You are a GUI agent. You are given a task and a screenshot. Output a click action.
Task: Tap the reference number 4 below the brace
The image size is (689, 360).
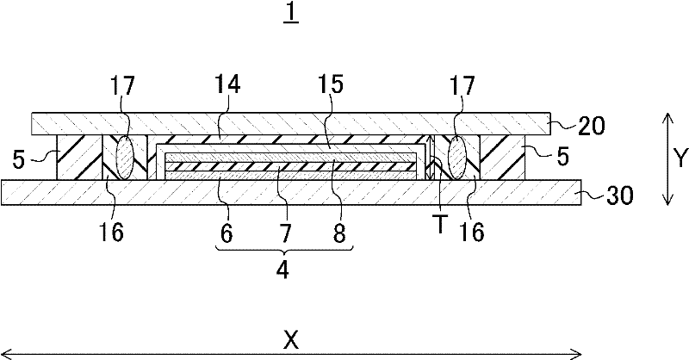click(x=283, y=269)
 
